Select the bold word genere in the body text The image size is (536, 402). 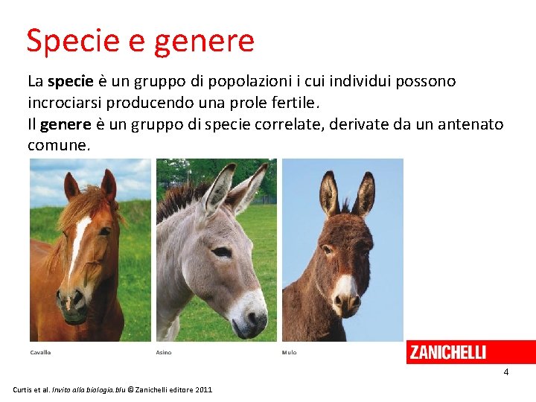point(64,124)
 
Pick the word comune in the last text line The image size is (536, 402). point(58,145)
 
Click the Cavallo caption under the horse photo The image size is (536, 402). point(40,352)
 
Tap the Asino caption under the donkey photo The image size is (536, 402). point(164,352)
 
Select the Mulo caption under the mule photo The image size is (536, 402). point(289,352)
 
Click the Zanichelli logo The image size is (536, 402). point(447,352)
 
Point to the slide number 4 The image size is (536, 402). point(505,371)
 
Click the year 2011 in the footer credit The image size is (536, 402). point(202,390)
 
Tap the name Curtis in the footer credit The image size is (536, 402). point(25,390)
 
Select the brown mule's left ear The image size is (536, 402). point(328,194)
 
